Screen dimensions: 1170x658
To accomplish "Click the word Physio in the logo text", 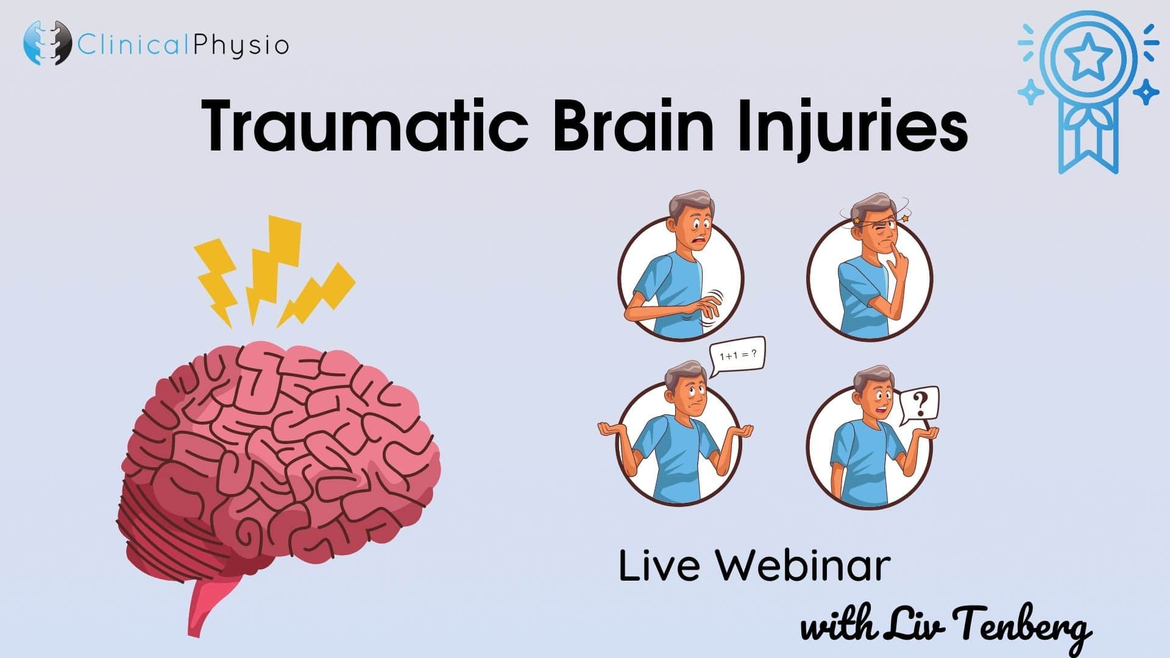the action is coord(240,46).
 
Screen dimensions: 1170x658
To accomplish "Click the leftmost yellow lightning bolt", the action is coord(216,280).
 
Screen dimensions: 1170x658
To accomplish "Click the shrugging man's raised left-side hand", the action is coord(611,430).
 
